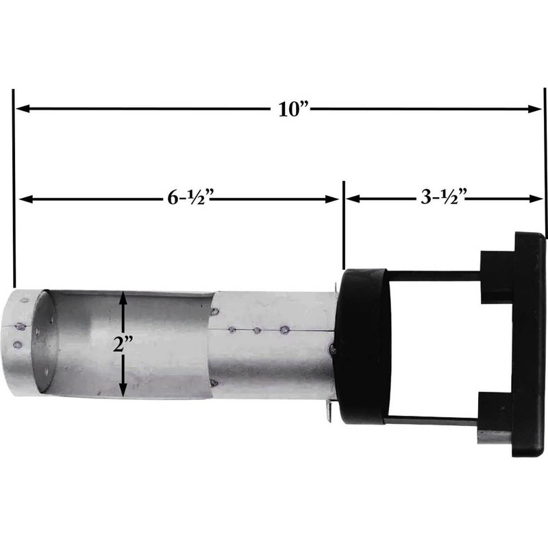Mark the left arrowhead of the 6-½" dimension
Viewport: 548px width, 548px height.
click(25, 199)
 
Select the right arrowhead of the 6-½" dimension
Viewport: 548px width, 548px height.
click(334, 199)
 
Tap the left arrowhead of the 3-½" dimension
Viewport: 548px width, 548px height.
click(351, 199)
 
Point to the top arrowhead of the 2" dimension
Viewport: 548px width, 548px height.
click(123, 296)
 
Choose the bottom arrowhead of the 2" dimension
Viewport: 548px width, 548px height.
click(123, 391)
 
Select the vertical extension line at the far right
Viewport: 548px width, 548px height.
click(545, 164)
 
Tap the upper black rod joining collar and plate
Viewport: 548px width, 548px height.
click(435, 275)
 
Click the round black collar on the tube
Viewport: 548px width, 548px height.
click(363, 346)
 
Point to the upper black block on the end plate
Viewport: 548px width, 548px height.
click(497, 274)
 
